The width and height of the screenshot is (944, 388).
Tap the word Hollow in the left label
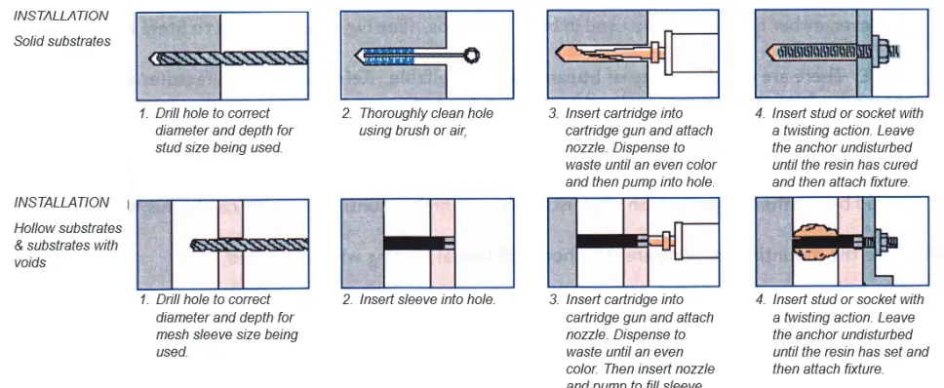pos(35,227)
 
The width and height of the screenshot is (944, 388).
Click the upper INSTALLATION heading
pos(60,17)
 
